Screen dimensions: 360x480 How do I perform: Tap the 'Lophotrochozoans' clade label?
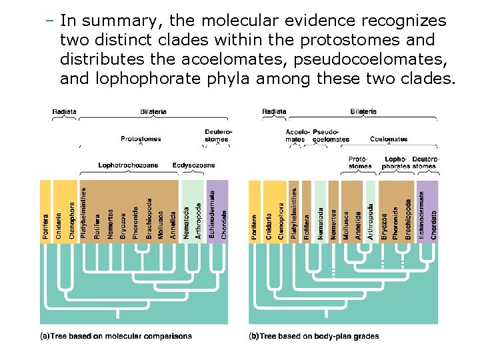pos(129,165)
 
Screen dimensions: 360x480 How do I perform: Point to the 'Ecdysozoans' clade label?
pos(193,165)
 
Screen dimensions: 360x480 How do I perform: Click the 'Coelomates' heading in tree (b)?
pos(389,139)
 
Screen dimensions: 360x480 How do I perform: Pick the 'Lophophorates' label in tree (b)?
pos(397,162)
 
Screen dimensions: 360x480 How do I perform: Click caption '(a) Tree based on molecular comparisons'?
pos(116,336)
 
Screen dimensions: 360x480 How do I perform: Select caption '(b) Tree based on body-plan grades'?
pos(314,336)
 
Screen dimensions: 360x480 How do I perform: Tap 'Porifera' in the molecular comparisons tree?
pos(45,227)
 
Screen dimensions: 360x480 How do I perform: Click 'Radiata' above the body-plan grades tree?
pos(274,111)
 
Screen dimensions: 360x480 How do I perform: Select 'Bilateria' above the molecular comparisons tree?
pos(153,111)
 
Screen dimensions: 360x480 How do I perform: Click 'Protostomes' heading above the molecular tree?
pos(141,139)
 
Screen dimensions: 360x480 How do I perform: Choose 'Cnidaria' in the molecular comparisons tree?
pos(59,226)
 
